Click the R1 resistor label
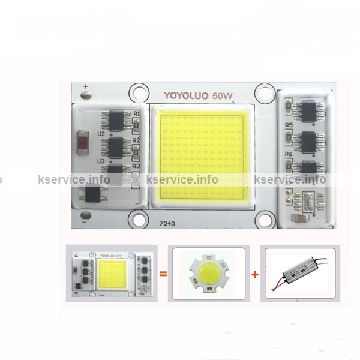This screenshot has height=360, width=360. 136,113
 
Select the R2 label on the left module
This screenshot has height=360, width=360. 136,140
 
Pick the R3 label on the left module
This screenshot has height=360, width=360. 136,166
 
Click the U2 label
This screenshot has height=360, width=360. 100,134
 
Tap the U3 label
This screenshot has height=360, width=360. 100,161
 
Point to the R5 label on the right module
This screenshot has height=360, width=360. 289,125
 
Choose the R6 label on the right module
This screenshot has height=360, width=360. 289,154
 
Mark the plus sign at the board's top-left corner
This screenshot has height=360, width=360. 86,86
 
